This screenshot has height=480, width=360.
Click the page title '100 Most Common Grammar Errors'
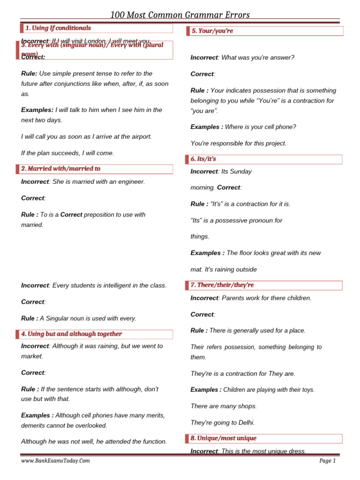(x=180, y=15)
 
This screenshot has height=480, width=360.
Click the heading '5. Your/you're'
(x=212, y=31)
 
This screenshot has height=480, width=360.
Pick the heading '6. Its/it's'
(x=203, y=159)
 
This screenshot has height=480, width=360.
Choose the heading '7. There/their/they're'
(x=222, y=285)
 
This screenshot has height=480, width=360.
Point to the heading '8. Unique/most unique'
(x=223, y=438)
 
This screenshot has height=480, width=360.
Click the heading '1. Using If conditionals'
(x=58, y=28)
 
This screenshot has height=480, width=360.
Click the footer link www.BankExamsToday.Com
(x=55, y=461)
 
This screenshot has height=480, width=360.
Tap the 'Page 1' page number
(x=327, y=461)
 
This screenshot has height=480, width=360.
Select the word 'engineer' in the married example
(x=131, y=181)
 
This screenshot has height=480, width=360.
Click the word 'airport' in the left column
(x=138, y=136)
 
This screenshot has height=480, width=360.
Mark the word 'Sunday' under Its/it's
(x=240, y=172)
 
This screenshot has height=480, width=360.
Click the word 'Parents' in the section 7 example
(x=233, y=298)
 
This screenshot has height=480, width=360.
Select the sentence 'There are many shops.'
(x=224, y=406)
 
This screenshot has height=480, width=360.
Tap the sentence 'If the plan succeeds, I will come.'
(x=67, y=153)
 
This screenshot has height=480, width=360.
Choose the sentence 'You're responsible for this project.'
(x=238, y=143)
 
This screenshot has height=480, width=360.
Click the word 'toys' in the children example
(x=307, y=390)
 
